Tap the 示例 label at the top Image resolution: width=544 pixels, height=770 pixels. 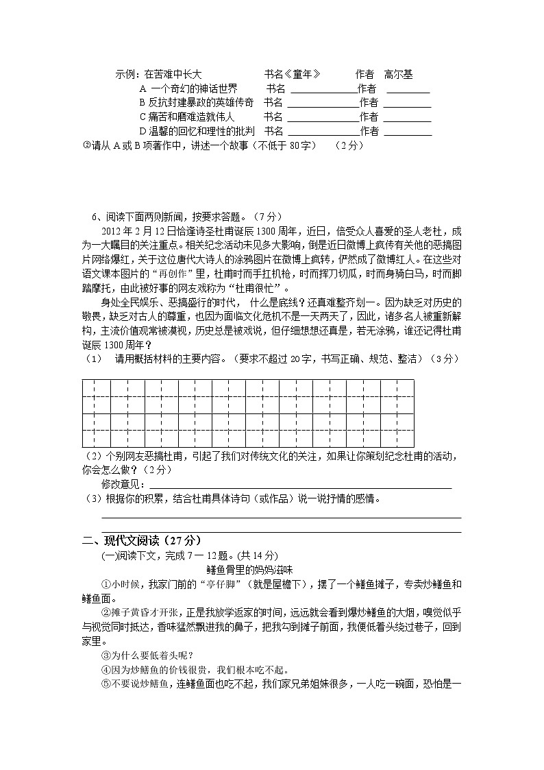pyautogui.click(x=127, y=74)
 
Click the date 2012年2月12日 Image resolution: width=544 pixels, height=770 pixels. pyautogui.click(x=139, y=230)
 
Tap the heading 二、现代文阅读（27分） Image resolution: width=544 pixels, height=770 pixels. pyautogui.click(x=142, y=540)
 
